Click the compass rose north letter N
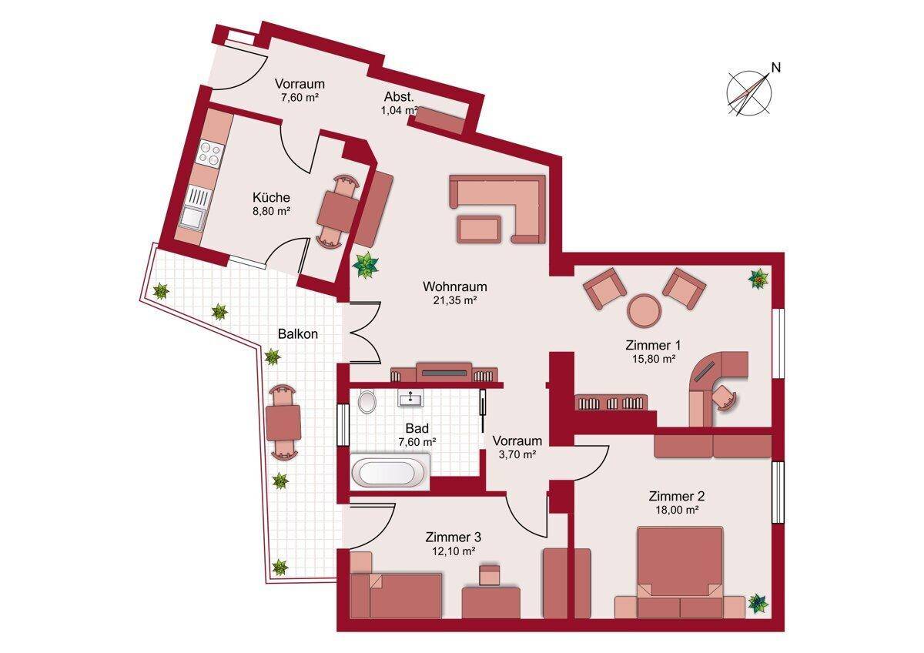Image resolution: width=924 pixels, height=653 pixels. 776,68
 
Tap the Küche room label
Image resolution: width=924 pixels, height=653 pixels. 271,197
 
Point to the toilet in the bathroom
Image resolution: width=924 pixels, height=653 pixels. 367,400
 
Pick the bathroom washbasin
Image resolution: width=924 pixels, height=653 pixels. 410,398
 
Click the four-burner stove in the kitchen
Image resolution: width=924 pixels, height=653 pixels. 209,152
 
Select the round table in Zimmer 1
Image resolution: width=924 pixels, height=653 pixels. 644,310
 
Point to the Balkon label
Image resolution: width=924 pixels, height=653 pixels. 298,333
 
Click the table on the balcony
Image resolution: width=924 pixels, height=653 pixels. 283,423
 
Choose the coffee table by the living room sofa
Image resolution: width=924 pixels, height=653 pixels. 478,229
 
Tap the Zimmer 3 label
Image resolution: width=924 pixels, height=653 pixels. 454,537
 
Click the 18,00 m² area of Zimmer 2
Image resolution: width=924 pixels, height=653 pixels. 677,510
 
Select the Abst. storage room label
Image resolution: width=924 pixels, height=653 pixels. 399,97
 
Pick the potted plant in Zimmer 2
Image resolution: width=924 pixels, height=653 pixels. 758,603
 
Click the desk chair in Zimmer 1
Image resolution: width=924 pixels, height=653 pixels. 725,397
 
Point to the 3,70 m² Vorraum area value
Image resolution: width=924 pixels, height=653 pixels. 517,454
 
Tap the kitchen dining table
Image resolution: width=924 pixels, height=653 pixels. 337,213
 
